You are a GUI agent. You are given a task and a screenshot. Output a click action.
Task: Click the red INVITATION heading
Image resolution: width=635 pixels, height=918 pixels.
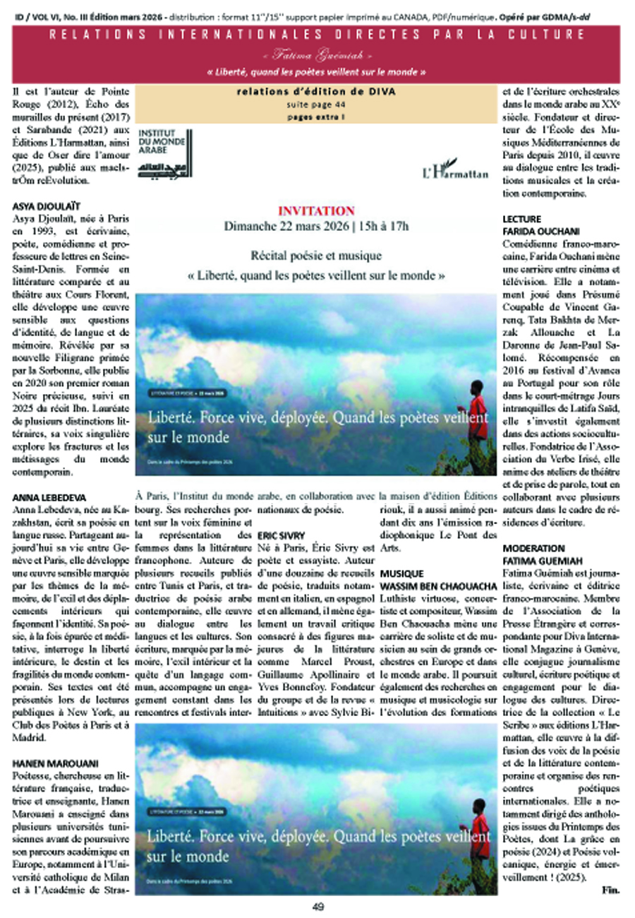316,210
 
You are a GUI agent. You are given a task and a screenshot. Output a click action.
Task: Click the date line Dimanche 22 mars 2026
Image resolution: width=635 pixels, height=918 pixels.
316,227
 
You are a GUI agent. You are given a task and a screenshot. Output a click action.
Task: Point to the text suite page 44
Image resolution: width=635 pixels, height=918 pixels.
315,103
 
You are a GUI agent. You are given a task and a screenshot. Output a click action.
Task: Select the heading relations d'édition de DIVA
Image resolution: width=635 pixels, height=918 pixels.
316,91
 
